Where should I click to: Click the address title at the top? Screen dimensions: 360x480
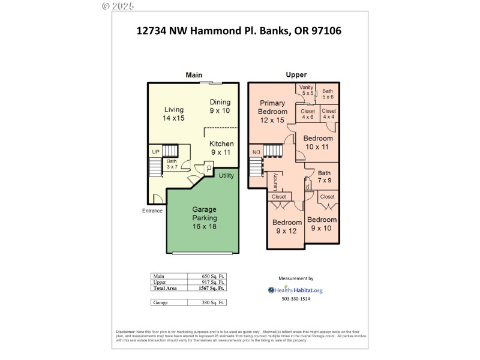point(239,31)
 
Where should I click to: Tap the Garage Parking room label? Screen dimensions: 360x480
point(205,218)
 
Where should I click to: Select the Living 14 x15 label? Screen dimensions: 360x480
point(174,114)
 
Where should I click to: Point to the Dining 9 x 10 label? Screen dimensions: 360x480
point(220,106)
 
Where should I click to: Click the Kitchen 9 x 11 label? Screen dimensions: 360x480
point(221,148)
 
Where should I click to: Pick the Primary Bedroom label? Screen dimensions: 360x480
point(272,112)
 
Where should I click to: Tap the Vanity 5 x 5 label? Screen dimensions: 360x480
point(307,90)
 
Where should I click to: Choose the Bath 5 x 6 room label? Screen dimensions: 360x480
point(327,94)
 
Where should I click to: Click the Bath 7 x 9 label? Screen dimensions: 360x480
point(324,176)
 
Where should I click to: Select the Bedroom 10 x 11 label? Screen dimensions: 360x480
point(319,142)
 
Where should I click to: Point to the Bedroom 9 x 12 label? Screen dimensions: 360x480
point(286,226)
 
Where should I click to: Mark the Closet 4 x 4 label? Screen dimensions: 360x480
point(329,114)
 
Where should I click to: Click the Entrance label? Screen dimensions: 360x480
point(152,211)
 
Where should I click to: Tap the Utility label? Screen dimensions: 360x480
point(226,176)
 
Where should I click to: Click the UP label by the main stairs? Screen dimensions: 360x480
point(155,151)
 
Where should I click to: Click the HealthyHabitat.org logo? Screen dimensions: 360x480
point(296,290)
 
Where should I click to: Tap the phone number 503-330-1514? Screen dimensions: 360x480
point(296,299)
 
